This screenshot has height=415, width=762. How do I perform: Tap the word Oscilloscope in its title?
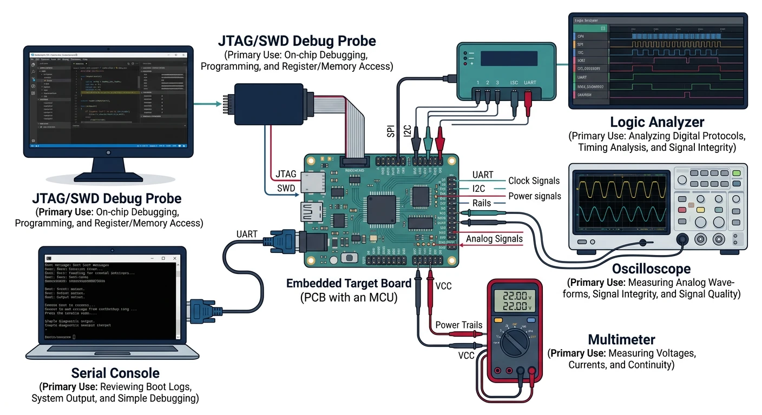pos(651,269)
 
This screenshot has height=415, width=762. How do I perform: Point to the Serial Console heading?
pos(115,373)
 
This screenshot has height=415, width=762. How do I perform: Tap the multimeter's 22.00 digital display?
pos(515,302)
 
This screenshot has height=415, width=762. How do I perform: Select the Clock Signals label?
pos(534,181)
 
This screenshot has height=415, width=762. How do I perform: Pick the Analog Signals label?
pos(494,239)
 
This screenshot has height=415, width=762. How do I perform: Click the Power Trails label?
pos(459,325)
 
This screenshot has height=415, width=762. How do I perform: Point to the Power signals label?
pos(534,196)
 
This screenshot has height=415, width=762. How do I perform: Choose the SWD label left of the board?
pos(285,188)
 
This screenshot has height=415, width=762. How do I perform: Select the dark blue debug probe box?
pos(268,105)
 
